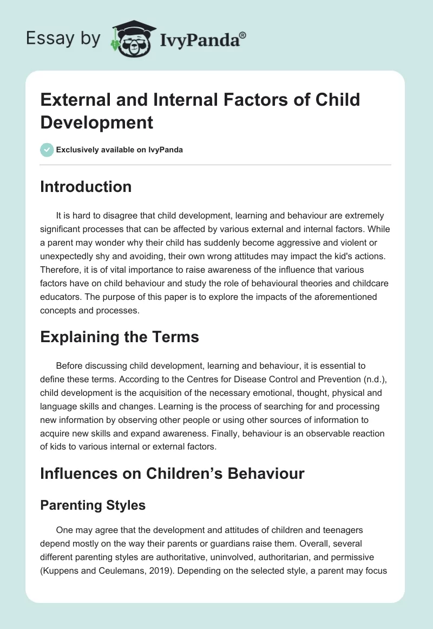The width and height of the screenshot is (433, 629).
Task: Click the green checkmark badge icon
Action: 47,150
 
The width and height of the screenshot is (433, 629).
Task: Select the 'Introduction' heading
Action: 86,187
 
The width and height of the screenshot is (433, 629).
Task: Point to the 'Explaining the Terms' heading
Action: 120,337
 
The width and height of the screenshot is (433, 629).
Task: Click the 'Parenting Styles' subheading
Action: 93,505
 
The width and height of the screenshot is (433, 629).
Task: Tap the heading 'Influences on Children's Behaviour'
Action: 173,473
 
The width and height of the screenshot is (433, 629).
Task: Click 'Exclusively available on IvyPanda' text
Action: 120,150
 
